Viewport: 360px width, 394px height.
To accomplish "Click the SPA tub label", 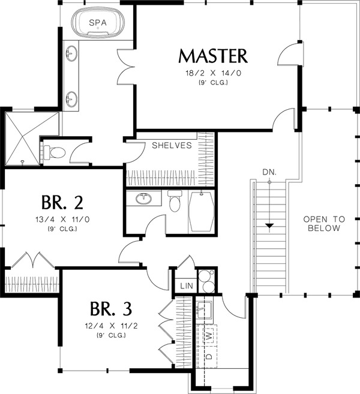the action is click(98, 23).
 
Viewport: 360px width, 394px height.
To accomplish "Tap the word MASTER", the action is click(213, 56).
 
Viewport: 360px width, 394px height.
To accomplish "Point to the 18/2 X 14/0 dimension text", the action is click(213, 73).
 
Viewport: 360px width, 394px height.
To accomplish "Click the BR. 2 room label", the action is click(62, 203).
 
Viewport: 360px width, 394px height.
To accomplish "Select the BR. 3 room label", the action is click(111, 309).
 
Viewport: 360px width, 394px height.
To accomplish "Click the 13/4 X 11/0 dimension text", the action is click(62, 219).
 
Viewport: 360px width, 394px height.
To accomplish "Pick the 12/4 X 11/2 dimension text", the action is click(111, 326).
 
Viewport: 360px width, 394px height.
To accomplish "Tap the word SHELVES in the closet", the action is click(172, 145).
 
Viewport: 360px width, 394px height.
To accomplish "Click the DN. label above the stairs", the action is click(269, 172).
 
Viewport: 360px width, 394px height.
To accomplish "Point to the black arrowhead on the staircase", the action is click(269, 225).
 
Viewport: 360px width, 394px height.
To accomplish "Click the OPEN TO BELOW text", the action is click(324, 224).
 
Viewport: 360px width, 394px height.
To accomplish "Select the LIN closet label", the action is click(187, 285).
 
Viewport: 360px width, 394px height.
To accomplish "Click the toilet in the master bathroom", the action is click(54, 152).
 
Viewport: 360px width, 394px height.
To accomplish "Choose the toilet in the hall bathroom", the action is click(175, 200).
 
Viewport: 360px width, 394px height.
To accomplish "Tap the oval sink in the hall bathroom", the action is click(143, 198).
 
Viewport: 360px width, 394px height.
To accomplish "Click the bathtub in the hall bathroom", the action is click(201, 212).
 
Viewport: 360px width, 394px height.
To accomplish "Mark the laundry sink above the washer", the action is click(204, 310).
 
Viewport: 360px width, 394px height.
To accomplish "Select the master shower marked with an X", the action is click(22, 139).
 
